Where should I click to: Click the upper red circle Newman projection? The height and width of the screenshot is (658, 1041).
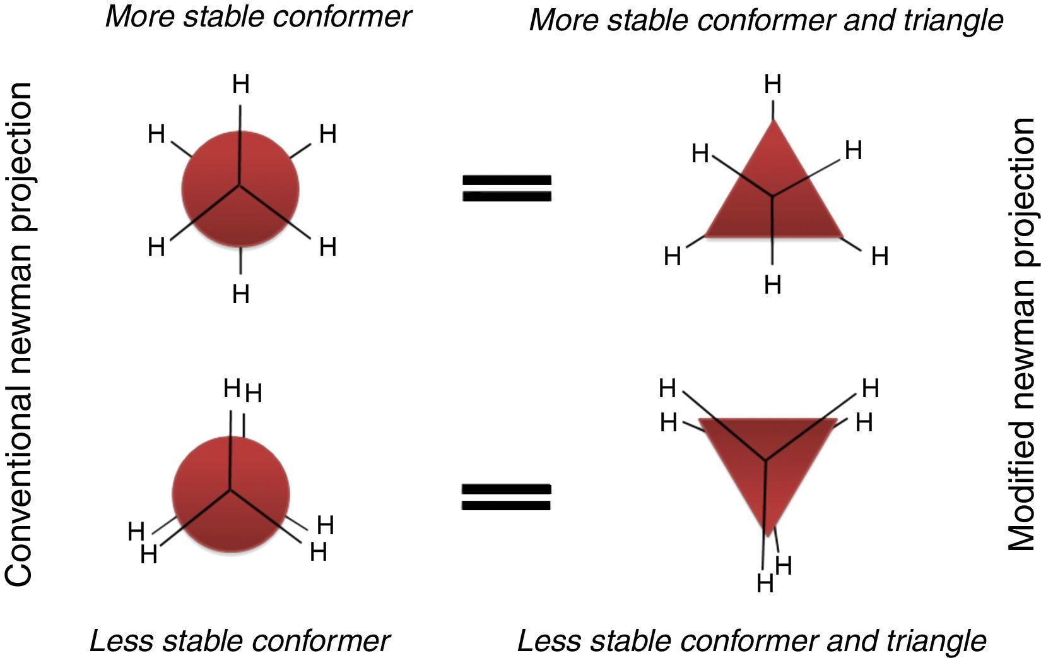240,188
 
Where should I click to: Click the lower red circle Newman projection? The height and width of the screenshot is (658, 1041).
231,493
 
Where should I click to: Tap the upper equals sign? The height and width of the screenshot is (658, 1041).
507,188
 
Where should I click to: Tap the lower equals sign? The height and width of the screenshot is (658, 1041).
507,497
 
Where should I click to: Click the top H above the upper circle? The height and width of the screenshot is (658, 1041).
241,84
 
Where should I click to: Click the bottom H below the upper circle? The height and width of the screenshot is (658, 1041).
241,294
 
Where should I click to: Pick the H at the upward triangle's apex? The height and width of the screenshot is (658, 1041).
773,84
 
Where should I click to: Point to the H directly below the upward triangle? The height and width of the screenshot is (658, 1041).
773,285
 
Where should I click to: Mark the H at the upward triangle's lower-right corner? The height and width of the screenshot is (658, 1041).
879,257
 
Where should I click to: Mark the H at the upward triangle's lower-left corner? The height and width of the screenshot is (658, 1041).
673,257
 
